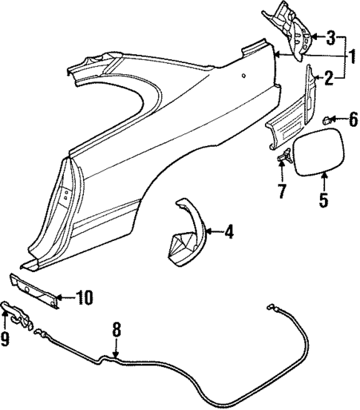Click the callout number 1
point(351,56)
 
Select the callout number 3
point(331,36)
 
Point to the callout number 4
point(229,233)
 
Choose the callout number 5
point(324,199)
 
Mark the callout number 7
point(281,191)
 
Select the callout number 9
point(7,340)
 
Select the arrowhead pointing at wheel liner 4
point(205,233)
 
